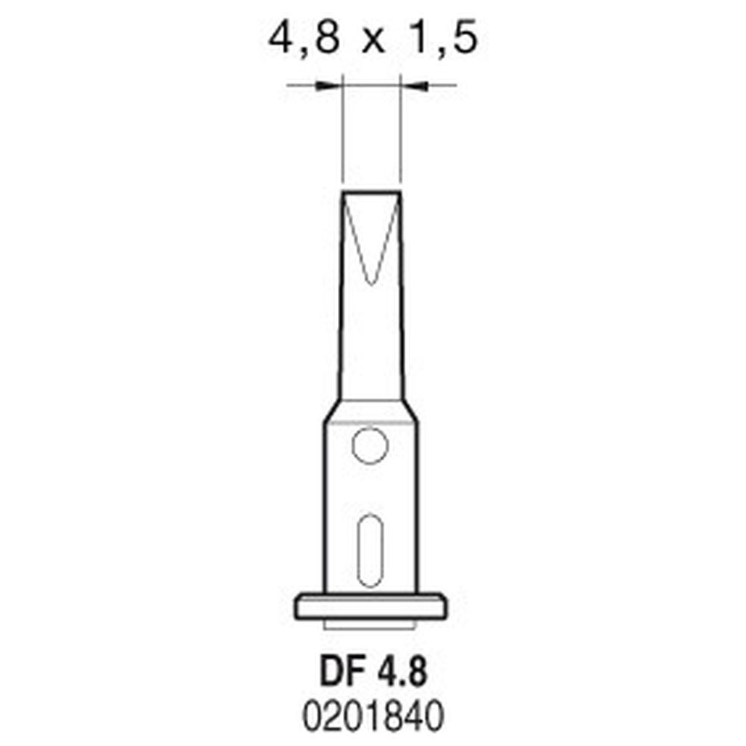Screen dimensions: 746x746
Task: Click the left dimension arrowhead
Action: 327,87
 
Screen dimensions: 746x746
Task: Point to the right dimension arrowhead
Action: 416,87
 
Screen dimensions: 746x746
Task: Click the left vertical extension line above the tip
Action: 342,134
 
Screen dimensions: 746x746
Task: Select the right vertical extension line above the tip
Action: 402,134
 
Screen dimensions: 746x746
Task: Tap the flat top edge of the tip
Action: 372,192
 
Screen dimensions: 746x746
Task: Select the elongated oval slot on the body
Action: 370,550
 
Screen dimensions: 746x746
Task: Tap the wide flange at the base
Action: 371,606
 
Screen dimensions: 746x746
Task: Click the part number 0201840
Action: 371,715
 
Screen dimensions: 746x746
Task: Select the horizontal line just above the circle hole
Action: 371,424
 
